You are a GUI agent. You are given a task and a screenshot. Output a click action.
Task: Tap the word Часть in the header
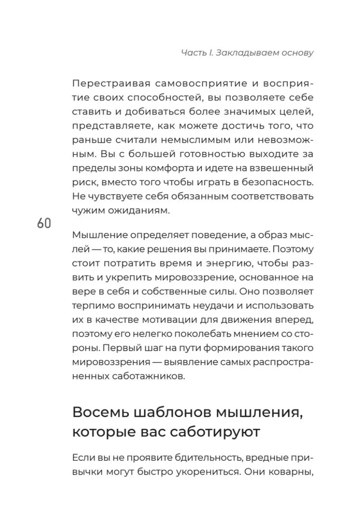[192, 53]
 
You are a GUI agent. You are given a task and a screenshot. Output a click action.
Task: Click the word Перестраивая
[108, 86]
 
